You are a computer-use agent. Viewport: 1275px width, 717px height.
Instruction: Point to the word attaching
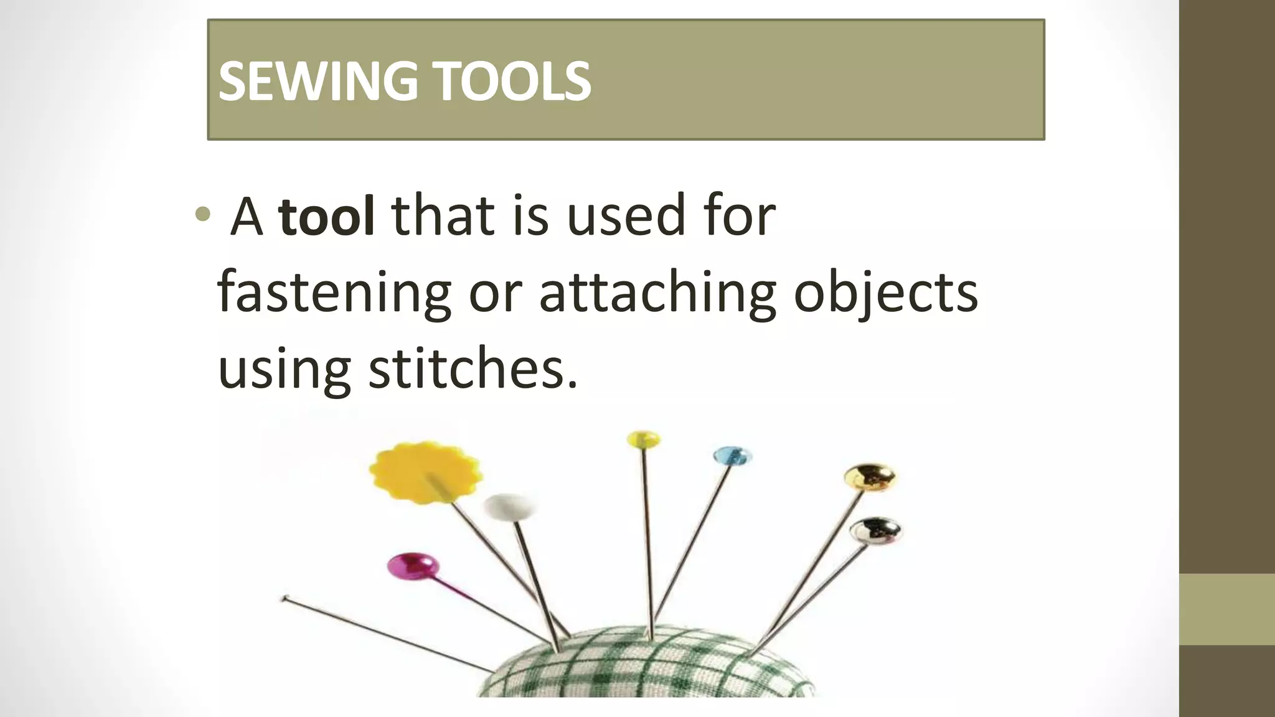coord(657,293)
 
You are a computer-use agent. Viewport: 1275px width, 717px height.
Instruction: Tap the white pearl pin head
coord(509,507)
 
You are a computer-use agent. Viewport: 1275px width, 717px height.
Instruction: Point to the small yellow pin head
coord(644,439)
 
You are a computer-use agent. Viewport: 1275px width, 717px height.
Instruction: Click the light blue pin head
coord(732,456)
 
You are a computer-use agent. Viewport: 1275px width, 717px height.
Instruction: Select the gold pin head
coord(870,477)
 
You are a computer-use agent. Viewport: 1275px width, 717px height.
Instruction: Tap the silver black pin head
coord(875,530)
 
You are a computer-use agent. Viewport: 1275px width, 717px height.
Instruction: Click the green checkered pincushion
coord(647,669)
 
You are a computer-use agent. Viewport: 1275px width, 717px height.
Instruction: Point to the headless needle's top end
coord(285,599)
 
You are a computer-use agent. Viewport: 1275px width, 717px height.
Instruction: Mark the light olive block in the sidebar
coord(1227,609)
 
